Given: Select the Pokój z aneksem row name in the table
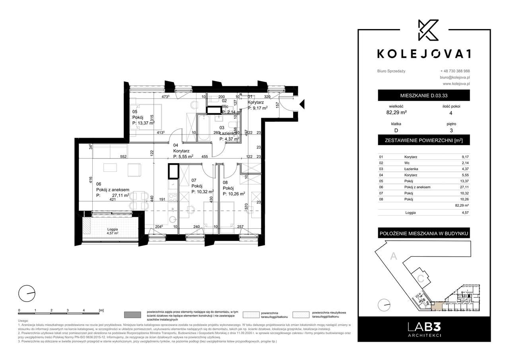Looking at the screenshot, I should pyautogui.click(x=418, y=187).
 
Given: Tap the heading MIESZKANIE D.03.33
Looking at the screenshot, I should pyautogui.click(x=424, y=95).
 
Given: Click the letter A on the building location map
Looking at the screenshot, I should pyautogui.click(x=394, y=257).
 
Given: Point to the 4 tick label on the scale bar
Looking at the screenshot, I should pyautogui.click(x=84, y=309).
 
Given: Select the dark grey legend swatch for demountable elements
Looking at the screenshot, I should pyautogui.click(x=133, y=315).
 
